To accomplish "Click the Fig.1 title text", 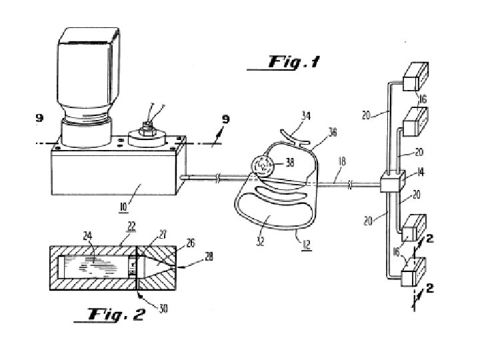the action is pos(294,62).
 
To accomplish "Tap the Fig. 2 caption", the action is pos(116,314).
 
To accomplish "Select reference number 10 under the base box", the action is pos(123,207).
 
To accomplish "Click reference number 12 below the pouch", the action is pos(307,244).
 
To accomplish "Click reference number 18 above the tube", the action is pos(342,161).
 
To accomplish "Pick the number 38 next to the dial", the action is pos(289,162).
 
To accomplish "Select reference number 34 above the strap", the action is pos(306,116).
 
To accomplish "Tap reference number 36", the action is pos(332,132).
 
